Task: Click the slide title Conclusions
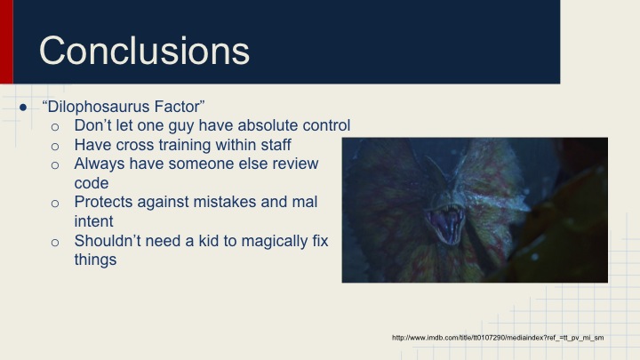pyautogui.click(x=144, y=50)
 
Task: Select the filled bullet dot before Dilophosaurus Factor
pyautogui.click(x=24, y=107)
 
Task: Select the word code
pyautogui.click(x=92, y=183)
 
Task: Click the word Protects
pyautogui.click(x=105, y=203)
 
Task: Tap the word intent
pyautogui.click(x=95, y=221)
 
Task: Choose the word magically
pyautogui.click(x=277, y=241)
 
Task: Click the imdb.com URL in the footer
pyautogui.click(x=498, y=338)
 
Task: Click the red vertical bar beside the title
pyautogui.click(x=6, y=42)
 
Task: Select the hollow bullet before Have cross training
pyautogui.click(x=55, y=146)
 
